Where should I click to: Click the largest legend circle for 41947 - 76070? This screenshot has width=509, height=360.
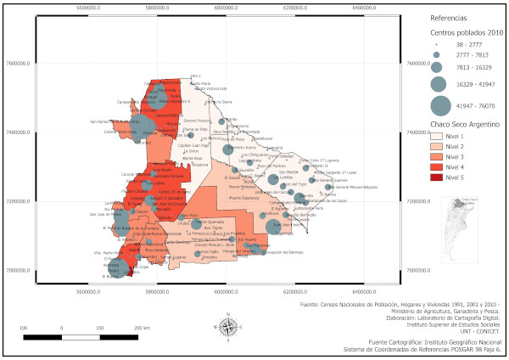[439, 105]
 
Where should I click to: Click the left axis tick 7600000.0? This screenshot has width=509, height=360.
[17, 63]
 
